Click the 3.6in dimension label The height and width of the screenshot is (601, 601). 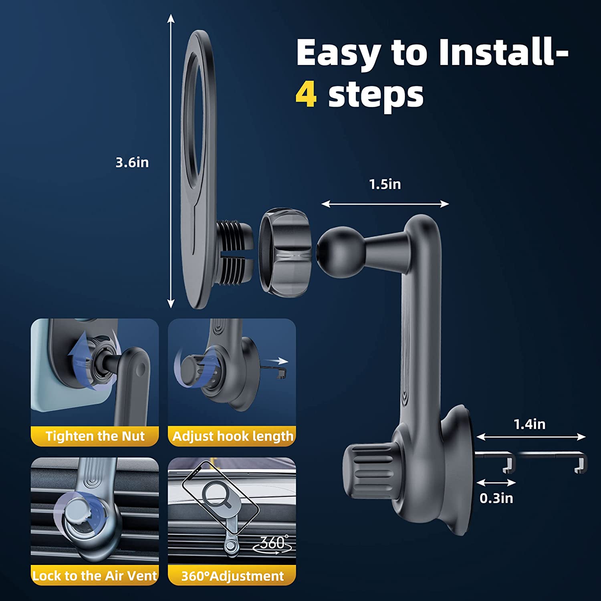pos(132,162)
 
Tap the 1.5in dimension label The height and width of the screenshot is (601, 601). pos(385,184)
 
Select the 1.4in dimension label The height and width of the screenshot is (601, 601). pos(529,424)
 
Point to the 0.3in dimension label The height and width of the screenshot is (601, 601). pos(496,498)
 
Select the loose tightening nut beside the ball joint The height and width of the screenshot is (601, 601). pos(285,252)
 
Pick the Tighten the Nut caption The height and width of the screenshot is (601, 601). pos(95,436)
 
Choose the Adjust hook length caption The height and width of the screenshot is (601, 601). pos(233,436)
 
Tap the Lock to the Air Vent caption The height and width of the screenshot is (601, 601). pos(95,576)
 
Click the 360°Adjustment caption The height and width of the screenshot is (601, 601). pos(232,576)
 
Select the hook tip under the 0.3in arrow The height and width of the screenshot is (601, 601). pos(509,465)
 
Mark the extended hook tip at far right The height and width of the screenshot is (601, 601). pos(581,465)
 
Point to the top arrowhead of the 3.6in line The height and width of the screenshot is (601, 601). pos(171,18)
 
